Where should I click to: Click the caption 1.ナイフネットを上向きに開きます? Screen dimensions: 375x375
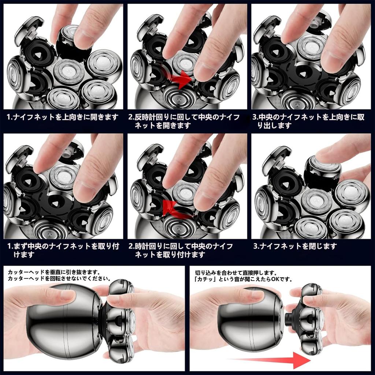point(63,117)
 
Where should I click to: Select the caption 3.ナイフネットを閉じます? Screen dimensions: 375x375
point(295,246)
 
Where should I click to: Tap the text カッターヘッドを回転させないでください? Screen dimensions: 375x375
point(59,279)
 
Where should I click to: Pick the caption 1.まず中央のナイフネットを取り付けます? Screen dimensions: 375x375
point(63,250)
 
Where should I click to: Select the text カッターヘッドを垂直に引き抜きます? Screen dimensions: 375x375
point(53,272)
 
